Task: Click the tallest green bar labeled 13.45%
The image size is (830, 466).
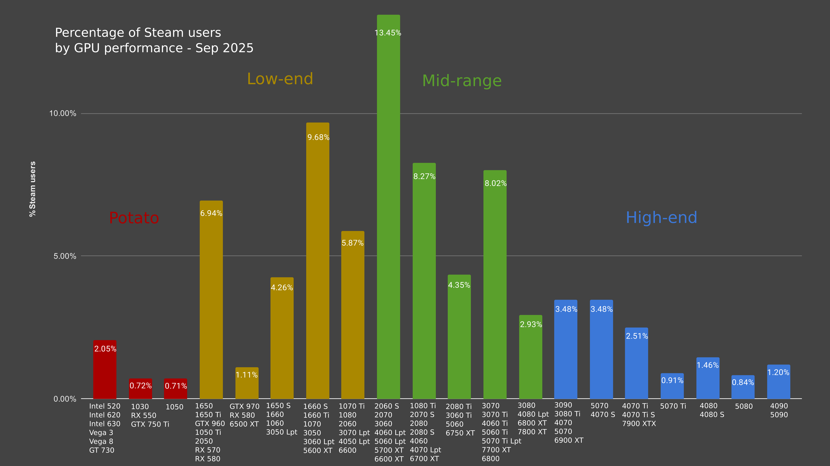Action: (388, 206)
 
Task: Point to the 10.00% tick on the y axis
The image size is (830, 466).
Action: (62, 113)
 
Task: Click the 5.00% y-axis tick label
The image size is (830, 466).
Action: (65, 256)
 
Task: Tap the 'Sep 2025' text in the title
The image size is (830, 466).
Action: (224, 48)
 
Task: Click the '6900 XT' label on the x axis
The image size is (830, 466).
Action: (569, 440)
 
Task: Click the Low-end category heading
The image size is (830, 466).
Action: (280, 79)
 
